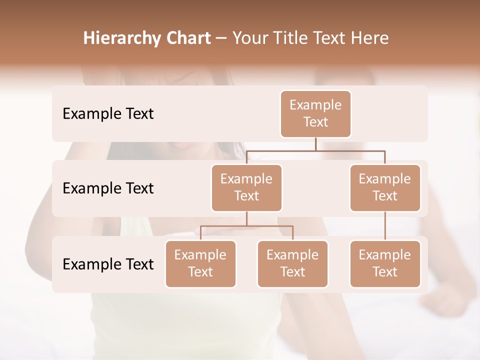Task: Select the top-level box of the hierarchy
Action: click(x=315, y=113)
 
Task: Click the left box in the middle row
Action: click(x=246, y=187)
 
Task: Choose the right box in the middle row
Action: click(x=385, y=187)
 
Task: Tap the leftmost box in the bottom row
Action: click(x=200, y=263)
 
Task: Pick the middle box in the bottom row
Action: click(x=292, y=263)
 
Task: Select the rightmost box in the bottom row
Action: click(x=385, y=263)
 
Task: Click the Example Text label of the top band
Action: click(x=108, y=114)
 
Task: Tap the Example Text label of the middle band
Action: click(x=108, y=188)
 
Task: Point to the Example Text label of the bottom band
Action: click(x=108, y=264)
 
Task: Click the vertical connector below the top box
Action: click(x=315, y=144)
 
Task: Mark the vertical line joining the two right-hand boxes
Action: click(x=385, y=226)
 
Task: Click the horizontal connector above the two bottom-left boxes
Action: click(x=246, y=226)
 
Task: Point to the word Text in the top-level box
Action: click(x=315, y=122)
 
